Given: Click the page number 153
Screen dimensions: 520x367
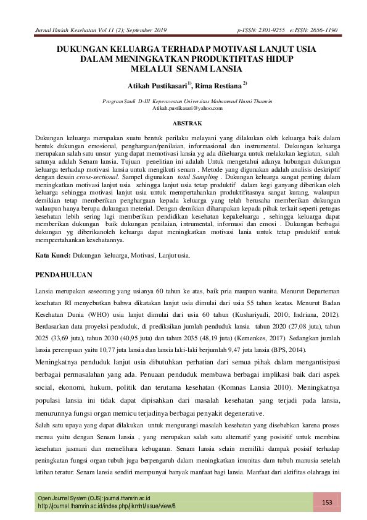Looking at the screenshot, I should click(x=327, y=502).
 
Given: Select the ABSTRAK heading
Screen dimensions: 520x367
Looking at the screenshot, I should click(x=183, y=124).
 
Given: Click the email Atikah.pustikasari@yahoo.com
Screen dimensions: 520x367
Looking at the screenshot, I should click(x=183, y=108).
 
